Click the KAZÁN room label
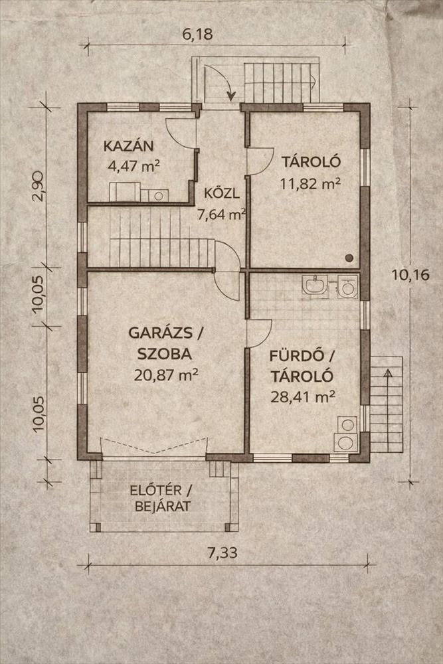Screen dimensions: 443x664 128,146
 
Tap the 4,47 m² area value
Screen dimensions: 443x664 134,165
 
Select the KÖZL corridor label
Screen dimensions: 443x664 222,194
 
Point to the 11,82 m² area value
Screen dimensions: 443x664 310,183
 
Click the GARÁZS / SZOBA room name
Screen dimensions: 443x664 165,343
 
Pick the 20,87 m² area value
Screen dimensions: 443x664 166,374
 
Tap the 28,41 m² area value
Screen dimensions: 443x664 303,397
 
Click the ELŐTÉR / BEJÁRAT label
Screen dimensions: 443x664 161,499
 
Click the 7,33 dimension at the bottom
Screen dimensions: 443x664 222,552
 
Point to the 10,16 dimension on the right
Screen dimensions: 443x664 410,275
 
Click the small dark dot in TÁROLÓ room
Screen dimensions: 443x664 349,257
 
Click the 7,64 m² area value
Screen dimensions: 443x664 222,214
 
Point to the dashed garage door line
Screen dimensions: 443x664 155,446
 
